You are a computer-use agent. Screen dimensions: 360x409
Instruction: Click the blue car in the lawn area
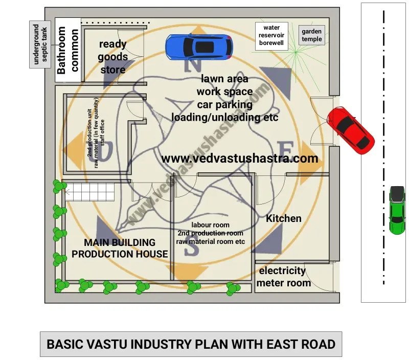[199, 47]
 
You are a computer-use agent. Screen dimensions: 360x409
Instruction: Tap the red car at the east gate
[351, 130]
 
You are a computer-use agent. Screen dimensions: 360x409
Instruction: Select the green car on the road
[397, 210]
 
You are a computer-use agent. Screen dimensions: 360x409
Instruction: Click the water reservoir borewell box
[271, 36]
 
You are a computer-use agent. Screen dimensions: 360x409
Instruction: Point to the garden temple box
[312, 35]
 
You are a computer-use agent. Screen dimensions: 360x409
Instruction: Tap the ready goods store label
[112, 57]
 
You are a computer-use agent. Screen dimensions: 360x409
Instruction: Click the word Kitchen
[284, 218]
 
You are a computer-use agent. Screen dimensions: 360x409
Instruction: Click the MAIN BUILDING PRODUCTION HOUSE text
[120, 248]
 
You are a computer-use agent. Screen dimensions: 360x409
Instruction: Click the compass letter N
[193, 64]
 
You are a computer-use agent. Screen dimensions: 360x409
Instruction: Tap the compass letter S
[191, 249]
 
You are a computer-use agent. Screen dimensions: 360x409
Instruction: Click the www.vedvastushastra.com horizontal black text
[240, 158]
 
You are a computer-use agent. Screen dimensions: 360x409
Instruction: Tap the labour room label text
[211, 225]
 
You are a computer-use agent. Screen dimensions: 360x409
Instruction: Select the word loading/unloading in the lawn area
[218, 117]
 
